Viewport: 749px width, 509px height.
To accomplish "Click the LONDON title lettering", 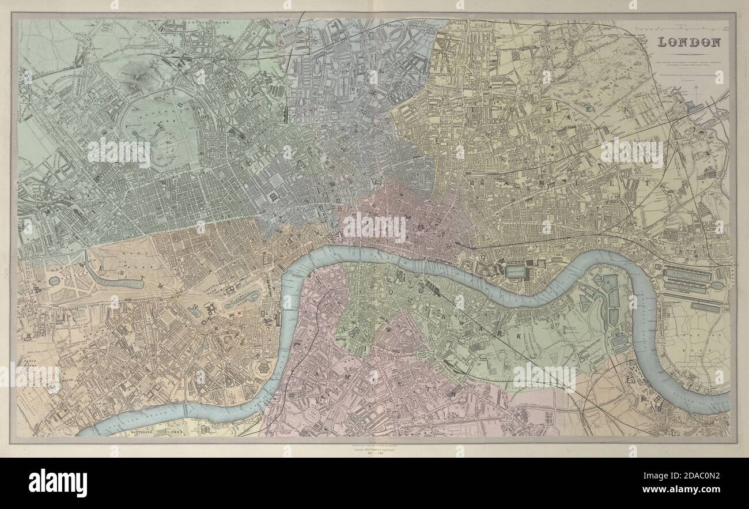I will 689,42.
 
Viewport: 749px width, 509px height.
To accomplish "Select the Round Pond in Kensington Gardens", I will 54,281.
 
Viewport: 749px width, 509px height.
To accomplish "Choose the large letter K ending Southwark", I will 518,335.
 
